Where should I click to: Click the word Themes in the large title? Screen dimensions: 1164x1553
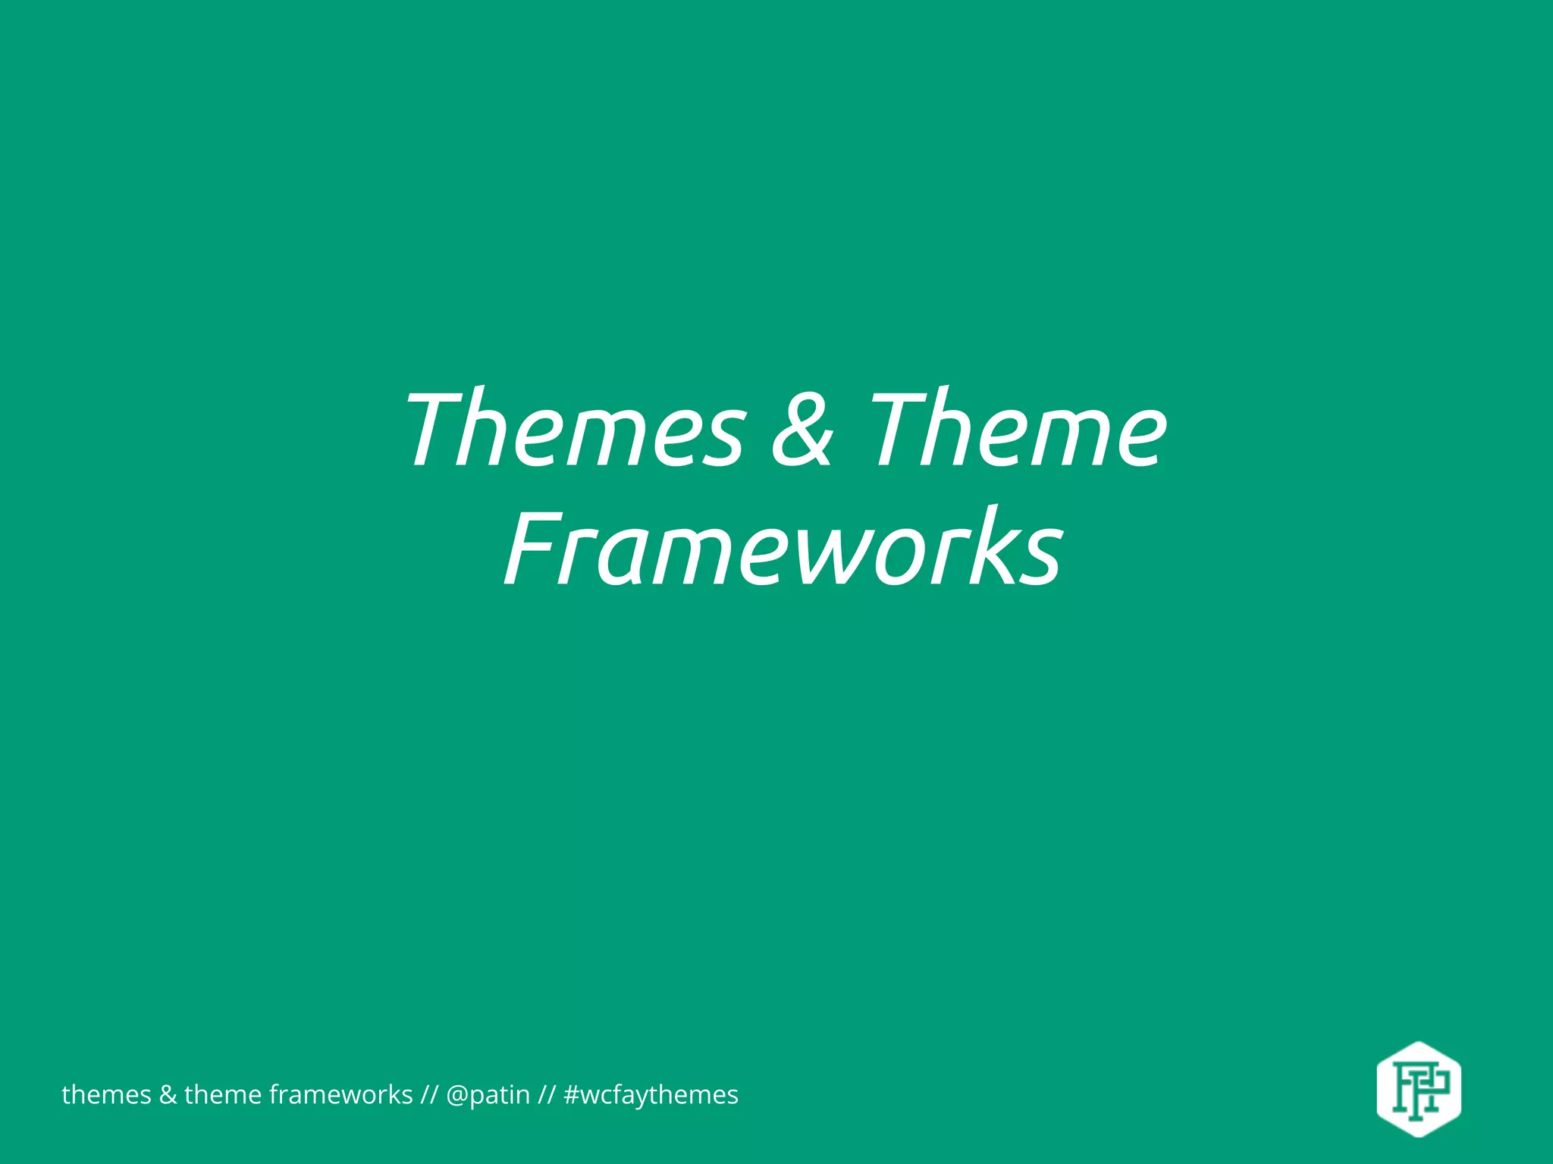coord(575,429)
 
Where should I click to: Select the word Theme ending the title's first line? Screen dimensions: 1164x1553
coord(1016,429)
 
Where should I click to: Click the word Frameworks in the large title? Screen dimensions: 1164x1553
coord(783,549)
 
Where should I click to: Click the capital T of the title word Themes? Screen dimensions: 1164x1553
coord(440,429)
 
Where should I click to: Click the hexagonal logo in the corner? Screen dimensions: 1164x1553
coord(1418,1089)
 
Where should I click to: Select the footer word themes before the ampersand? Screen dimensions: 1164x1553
coord(106,1095)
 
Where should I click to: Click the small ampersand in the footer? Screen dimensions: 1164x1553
coord(167,1095)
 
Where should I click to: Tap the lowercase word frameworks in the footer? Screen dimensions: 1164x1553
coord(340,1095)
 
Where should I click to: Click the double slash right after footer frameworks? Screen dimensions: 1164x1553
coord(429,1095)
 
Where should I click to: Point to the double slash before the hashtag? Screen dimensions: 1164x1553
coord(547,1095)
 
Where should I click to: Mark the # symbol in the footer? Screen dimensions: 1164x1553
coord(572,1095)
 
